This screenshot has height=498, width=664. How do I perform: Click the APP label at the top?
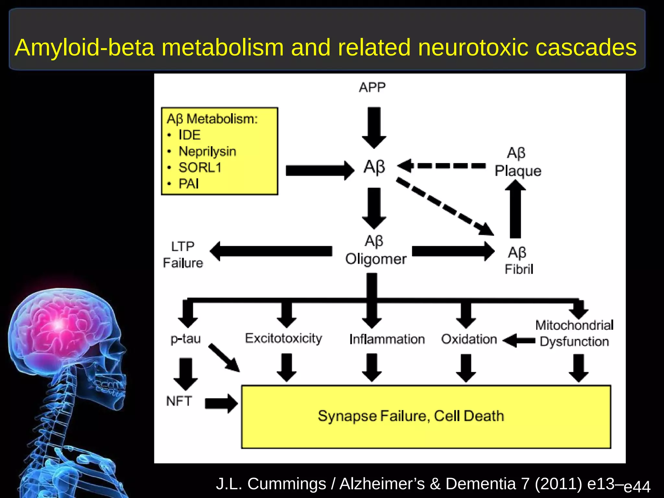point(372,88)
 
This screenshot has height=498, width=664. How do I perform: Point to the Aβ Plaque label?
point(518,162)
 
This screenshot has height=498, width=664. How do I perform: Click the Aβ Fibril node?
point(519,261)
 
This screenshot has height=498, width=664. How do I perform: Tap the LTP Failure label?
point(183,255)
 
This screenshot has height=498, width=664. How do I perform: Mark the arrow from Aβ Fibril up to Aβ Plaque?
point(516,209)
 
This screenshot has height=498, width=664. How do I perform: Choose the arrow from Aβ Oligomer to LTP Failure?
point(271,251)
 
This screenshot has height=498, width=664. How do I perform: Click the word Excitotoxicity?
point(284,338)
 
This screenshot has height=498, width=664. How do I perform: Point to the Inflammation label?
point(387,339)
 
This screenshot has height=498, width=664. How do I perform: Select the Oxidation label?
point(469,339)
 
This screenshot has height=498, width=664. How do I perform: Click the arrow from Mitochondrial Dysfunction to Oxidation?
point(519,341)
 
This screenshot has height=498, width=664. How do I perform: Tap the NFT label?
point(179,401)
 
